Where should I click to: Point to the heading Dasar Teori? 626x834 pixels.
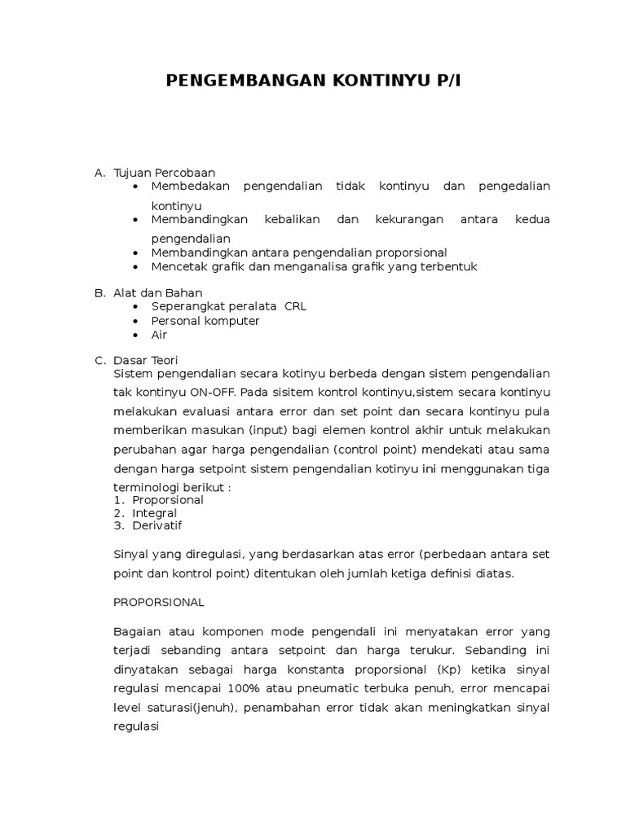146,360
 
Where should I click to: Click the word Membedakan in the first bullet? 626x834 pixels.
191,187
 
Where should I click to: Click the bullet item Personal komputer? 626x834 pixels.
205,320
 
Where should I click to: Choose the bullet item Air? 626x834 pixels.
159,334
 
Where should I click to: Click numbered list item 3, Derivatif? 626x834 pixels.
157,525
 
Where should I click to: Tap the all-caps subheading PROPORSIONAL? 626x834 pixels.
159,602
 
